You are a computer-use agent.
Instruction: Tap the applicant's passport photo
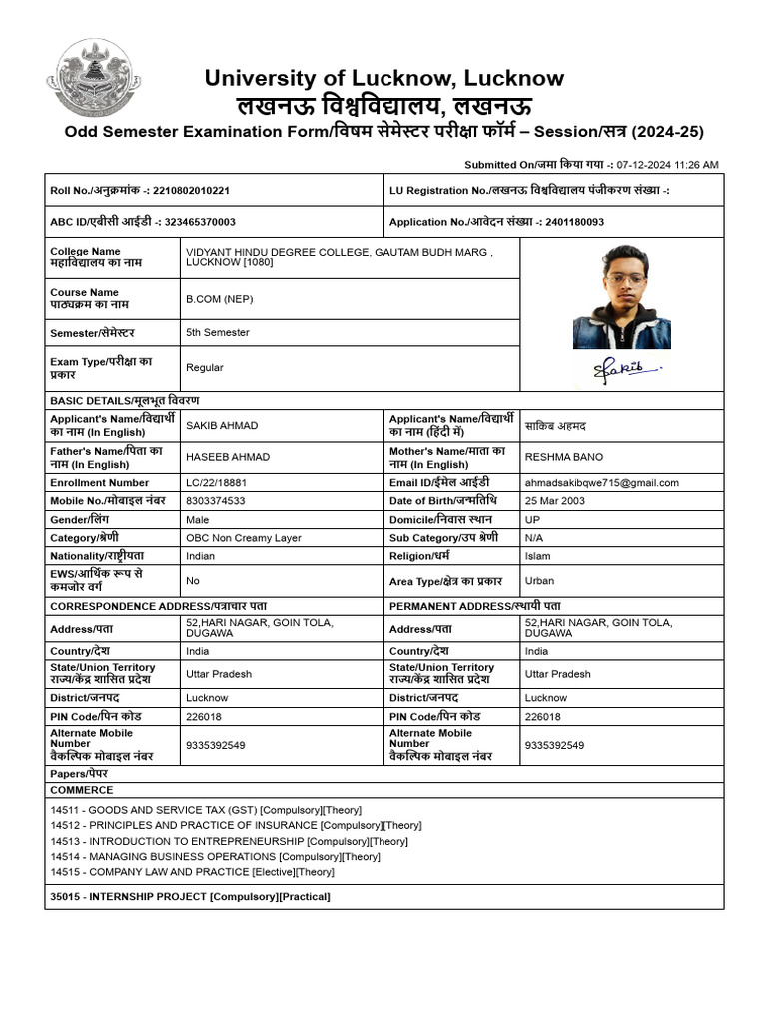point(621,296)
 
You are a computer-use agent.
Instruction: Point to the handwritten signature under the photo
point(621,370)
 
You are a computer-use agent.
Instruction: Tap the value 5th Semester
point(217,332)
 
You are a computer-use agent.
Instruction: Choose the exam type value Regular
point(205,367)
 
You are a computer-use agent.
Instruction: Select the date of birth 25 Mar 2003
point(554,501)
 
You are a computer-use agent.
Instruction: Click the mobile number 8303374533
point(215,501)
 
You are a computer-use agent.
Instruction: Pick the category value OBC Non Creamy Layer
point(243,538)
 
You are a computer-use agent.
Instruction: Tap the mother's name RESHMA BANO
point(564,457)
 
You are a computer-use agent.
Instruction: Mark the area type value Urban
point(539,580)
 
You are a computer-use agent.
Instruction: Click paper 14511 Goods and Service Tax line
point(206,810)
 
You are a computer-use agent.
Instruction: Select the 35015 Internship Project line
point(190,897)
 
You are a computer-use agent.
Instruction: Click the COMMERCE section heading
point(82,789)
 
